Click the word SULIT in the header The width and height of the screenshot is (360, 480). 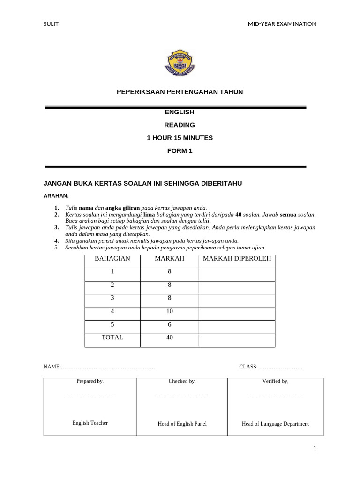tap(51, 24)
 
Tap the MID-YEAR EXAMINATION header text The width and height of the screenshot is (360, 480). tap(282, 24)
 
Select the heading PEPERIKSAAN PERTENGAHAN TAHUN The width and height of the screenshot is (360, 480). tap(180, 92)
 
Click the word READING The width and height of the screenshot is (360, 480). tap(180, 125)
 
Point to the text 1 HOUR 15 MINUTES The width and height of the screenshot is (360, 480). tap(180, 138)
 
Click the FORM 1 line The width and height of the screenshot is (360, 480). tap(180, 151)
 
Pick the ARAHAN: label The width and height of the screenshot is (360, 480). tap(56, 195)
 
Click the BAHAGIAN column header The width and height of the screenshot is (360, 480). tap(112, 259)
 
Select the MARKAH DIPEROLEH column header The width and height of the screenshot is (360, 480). tap(237, 259)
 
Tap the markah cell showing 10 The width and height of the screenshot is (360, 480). tap(169, 311)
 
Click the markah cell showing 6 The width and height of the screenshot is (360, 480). tap(169, 324)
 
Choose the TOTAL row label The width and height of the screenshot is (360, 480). tap(112, 337)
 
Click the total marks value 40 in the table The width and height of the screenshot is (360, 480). tap(169, 337)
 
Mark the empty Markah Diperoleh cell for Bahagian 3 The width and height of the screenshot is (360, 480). tap(237, 298)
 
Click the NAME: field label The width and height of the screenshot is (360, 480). tap(52, 367)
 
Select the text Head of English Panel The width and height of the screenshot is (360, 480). tap(182, 424)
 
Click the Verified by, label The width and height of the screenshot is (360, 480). tap(275, 381)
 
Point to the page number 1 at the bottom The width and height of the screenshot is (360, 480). tap(315, 449)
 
